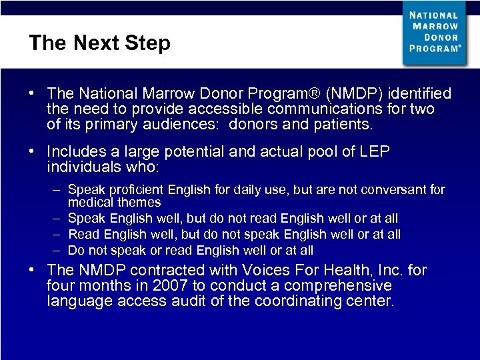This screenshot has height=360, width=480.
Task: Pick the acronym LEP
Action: click(375, 152)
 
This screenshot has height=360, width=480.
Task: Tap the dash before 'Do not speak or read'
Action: click(58, 251)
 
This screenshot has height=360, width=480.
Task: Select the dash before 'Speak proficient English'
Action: click(58, 190)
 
